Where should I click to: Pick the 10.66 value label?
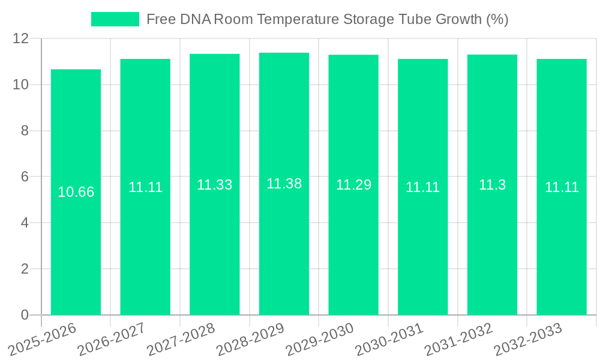[76, 192]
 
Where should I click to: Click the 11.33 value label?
[214, 185]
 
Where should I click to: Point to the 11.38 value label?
[284, 184]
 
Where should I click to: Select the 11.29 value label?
[353, 185]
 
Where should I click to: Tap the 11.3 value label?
[492, 185]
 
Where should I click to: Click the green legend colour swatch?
[115, 19]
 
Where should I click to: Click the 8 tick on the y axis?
[25, 131]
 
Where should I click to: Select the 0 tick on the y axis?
[25, 315]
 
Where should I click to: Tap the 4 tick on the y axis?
[25, 223]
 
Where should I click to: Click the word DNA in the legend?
[195, 19]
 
